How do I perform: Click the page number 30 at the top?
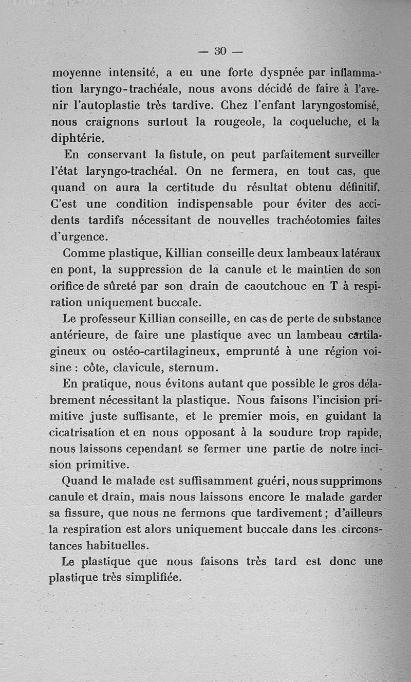[x=220, y=51]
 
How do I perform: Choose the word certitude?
[x=187, y=188]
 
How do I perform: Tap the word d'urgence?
[x=79, y=237]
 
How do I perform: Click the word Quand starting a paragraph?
[x=81, y=482]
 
